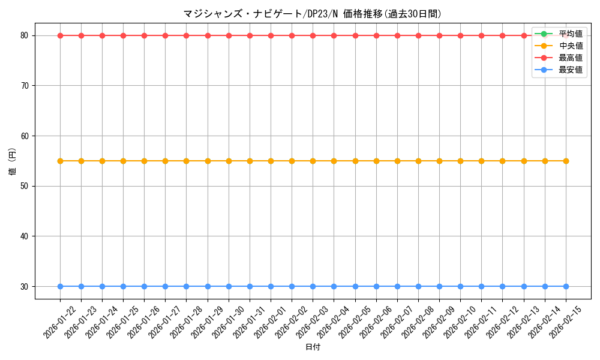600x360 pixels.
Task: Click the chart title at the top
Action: pyautogui.click(x=313, y=14)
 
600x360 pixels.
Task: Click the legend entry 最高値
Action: pyautogui.click(x=571, y=58)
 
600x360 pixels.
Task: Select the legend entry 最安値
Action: pyautogui.click(x=571, y=70)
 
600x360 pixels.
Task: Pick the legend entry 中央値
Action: pyautogui.click(x=571, y=46)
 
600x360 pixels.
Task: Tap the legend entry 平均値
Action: pyautogui.click(x=571, y=34)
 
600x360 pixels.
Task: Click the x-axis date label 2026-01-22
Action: pyautogui.click(x=60, y=322)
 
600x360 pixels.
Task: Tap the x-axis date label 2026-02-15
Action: pyautogui.click(x=566, y=322)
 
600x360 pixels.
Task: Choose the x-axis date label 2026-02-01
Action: pyautogui.click(x=271, y=322)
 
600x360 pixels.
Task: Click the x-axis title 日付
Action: pyautogui.click(x=313, y=347)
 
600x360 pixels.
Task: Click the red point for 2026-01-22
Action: pyautogui.click(x=60, y=35)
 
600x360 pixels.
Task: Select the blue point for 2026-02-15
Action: pyautogui.click(x=566, y=286)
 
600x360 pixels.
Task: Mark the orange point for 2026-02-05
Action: pyautogui.click(x=355, y=161)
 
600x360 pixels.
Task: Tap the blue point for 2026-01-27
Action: pyautogui.click(x=165, y=286)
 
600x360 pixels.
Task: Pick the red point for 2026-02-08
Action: pyautogui.click(x=418, y=35)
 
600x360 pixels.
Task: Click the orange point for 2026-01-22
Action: pyautogui.click(x=60, y=161)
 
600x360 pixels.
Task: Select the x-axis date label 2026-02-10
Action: pyautogui.click(x=460, y=322)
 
